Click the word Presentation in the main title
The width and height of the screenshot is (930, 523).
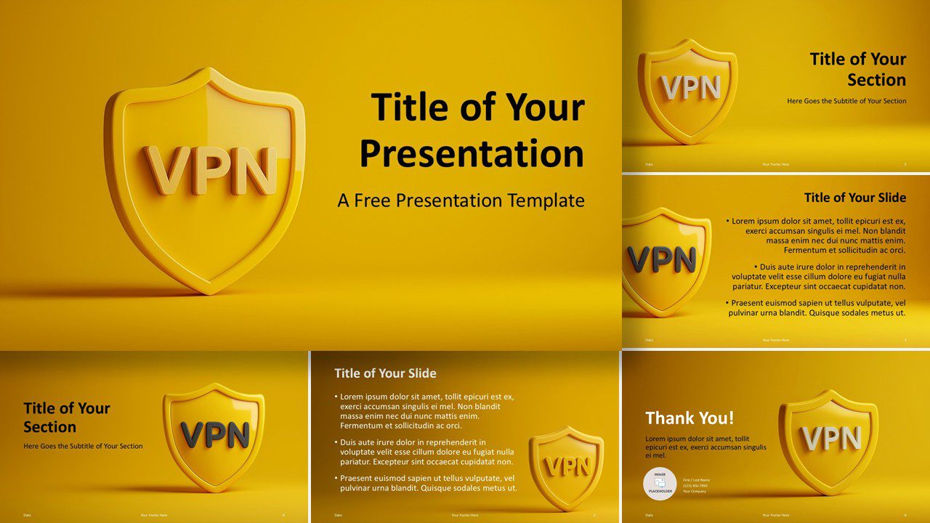pos(472,154)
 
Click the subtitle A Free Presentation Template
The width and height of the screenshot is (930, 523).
pos(461,200)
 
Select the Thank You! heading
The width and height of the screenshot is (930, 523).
pos(690,418)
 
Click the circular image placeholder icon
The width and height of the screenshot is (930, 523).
pos(660,483)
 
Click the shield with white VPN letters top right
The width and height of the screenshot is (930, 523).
pos(688,90)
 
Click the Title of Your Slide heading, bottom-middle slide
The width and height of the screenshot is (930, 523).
pos(385,373)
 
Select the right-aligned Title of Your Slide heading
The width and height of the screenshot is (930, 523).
pos(855,198)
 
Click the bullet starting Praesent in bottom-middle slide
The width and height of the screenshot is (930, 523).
pos(428,483)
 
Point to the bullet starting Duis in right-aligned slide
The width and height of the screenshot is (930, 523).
pos(818,277)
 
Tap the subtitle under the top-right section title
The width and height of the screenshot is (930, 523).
pos(846,101)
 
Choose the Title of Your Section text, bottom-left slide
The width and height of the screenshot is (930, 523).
pos(66,417)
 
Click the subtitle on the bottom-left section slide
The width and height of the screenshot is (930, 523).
pos(83,446)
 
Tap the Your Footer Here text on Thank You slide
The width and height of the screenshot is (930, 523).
pos(775,515)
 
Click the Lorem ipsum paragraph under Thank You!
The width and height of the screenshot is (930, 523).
pos(705,447)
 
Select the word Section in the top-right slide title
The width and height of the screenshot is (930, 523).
pos(876,80)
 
